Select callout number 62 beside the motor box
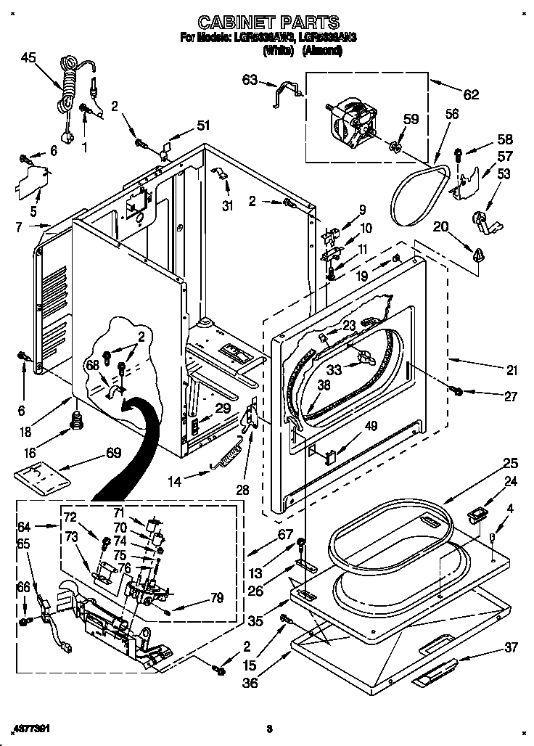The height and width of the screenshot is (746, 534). [x=472, y=94]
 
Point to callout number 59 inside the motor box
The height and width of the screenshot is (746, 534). [x=411, y=120]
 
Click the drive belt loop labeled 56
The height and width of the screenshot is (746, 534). [x=416, y=192]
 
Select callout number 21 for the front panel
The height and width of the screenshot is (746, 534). [x=512, y=371]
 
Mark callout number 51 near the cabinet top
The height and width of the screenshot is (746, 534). [x=204, y=125]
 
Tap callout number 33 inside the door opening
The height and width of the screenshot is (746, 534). [x=334, y=369]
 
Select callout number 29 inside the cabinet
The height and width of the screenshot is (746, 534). [x=223, y=409]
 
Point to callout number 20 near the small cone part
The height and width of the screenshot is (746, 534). [x=440, y=226]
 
